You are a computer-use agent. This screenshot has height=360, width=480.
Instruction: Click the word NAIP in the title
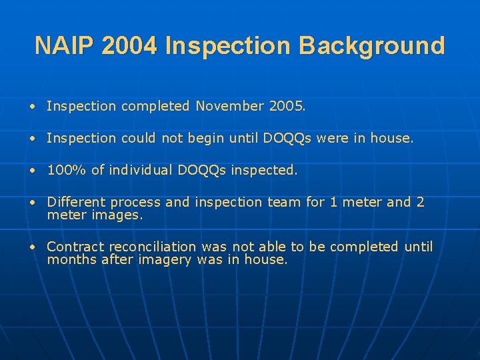(x=64, y=46)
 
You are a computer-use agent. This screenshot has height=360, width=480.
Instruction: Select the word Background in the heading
(x=372, y=46)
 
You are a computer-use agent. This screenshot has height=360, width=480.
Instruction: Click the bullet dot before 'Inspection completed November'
(x=32, y=107)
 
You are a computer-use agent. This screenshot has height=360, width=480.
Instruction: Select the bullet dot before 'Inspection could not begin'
(x=32, y=139)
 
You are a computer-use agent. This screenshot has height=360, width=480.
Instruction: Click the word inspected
(x=263, y=171)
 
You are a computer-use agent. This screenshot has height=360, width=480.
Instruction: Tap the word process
(x=135, y=203)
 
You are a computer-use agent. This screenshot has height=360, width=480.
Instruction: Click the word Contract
(x=75, y=247)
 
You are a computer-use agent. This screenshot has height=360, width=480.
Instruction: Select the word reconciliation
(x=153, y=247)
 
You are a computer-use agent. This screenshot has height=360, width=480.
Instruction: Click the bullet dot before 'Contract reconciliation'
(x=32, y=247)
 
